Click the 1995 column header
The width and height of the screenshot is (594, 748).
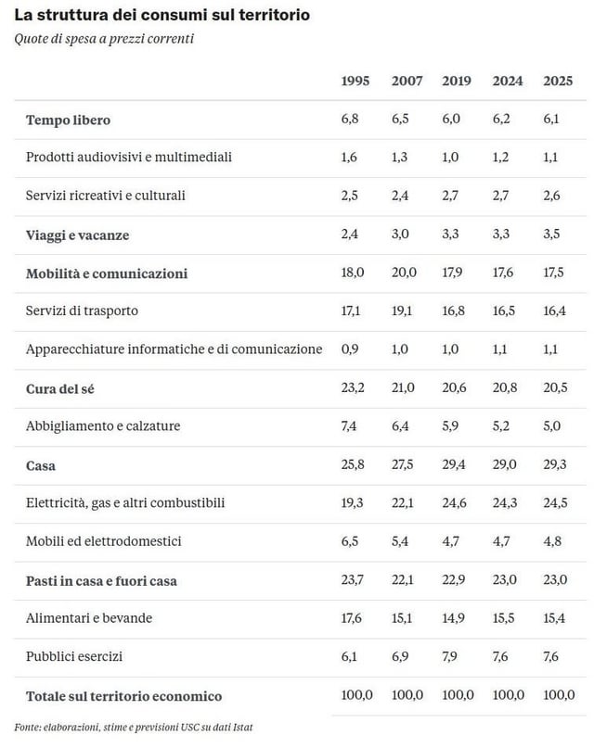[355, 82]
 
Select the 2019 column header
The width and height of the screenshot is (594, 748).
[457, 82]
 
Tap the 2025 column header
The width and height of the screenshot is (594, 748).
[557, 82]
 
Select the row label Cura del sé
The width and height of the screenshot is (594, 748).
[61, 388]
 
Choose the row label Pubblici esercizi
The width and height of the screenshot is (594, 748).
[74, 657]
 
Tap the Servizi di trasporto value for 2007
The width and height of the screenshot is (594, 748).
[405, 311]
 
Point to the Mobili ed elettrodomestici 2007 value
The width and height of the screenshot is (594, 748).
[403, 541]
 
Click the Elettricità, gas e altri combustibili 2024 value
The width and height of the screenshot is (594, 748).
[505, 503]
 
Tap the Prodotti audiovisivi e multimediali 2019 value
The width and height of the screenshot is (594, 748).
[452, 158]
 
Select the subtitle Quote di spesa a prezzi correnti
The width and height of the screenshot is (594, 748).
[104, 39]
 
